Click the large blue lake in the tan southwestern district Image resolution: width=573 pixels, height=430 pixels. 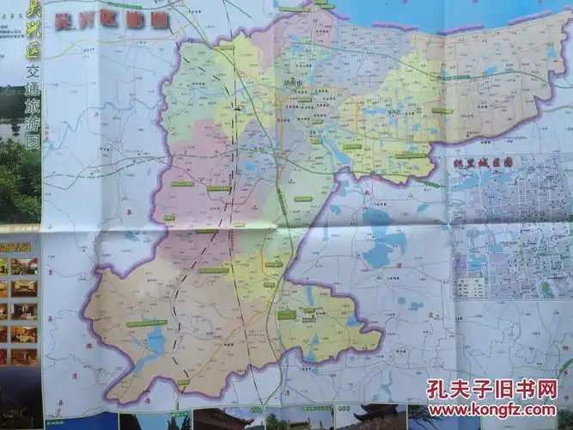154,342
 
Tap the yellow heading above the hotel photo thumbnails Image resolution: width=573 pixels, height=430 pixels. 19,246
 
